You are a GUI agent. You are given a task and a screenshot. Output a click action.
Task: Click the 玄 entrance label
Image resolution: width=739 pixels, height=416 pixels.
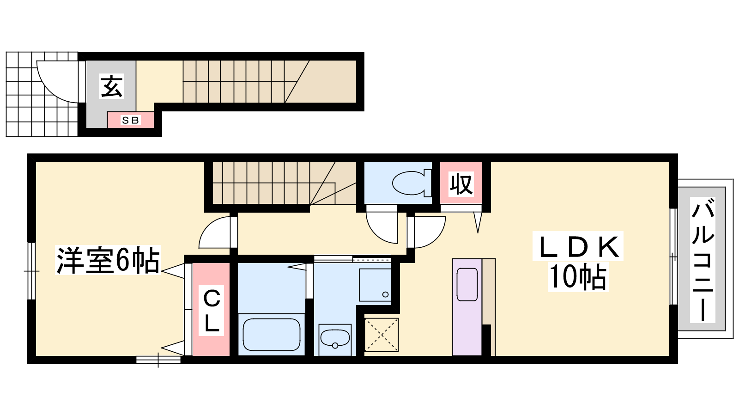click(112, 86)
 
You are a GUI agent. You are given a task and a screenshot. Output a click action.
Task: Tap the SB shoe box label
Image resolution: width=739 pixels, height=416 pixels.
click(130, 120)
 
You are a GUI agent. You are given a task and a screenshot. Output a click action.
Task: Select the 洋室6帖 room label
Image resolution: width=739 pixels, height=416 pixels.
click(108, 260)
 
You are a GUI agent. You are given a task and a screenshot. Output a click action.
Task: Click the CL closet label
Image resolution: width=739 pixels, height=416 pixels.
click(212, 311)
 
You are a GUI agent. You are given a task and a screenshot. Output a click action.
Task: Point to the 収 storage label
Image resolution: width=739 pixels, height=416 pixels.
click(461, 184)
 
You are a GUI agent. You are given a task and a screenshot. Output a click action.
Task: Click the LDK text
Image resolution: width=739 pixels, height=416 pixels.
click(578, 247)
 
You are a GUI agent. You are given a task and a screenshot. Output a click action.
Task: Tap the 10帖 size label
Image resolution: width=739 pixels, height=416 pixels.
click(578, 277)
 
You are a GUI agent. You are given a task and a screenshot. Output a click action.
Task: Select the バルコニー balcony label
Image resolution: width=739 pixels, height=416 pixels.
click(703, 260)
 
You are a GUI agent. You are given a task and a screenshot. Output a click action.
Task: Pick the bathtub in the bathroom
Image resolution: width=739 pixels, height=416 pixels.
click(271, 335)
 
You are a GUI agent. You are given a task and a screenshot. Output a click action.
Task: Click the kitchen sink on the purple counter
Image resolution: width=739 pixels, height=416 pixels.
click(467, 285)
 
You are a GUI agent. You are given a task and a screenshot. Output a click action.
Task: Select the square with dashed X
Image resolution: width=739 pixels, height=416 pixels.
click(382, 335)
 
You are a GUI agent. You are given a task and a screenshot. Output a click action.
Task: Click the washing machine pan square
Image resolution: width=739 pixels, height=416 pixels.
click(375, 285)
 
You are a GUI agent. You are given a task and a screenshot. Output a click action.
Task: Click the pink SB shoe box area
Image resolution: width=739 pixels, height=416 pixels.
click(131, 120)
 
